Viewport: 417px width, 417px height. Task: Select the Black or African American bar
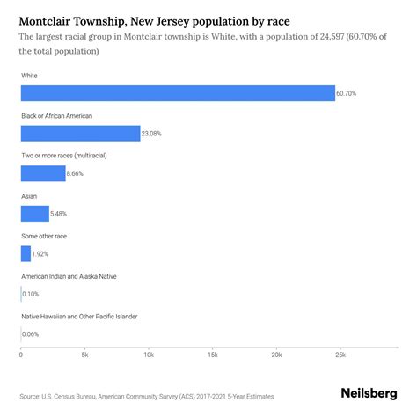[x=80, y=133]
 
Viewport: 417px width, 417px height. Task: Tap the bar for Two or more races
[x=43, y=173]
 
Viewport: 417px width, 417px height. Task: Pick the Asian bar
[x=35, y=214]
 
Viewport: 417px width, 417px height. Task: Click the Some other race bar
[x=26, y=253]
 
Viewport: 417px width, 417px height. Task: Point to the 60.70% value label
[x=347, y=93]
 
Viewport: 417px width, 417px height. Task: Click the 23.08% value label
[x=152, y=134]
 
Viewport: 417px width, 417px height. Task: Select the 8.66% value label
[x=77, y=174]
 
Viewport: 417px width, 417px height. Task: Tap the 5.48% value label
[x=62, y=214]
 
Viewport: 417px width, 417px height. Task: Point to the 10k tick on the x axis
[x=148, y=355]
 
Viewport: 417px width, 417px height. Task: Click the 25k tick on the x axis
[x=340, y=355]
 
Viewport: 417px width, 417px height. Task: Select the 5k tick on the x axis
[x=84, y=355]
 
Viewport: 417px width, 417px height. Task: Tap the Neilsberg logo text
[x=368, y=394]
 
